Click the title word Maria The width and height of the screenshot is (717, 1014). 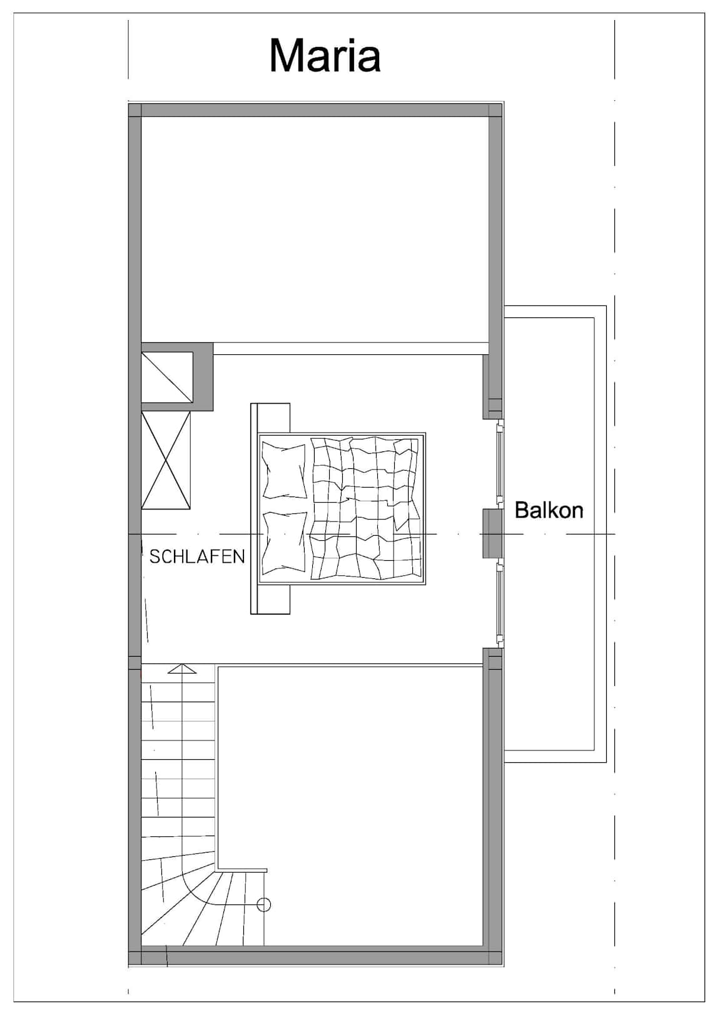[325, 56]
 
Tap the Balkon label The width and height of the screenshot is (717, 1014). [549, 510]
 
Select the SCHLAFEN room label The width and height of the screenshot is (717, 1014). [197, 556]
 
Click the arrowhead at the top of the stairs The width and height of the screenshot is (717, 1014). [182, 668]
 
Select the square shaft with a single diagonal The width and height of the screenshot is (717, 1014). [167, 377]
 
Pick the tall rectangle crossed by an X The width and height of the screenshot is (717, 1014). [166, 460]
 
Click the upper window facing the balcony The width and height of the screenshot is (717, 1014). [499, 463]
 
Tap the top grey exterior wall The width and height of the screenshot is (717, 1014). [315, 110]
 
